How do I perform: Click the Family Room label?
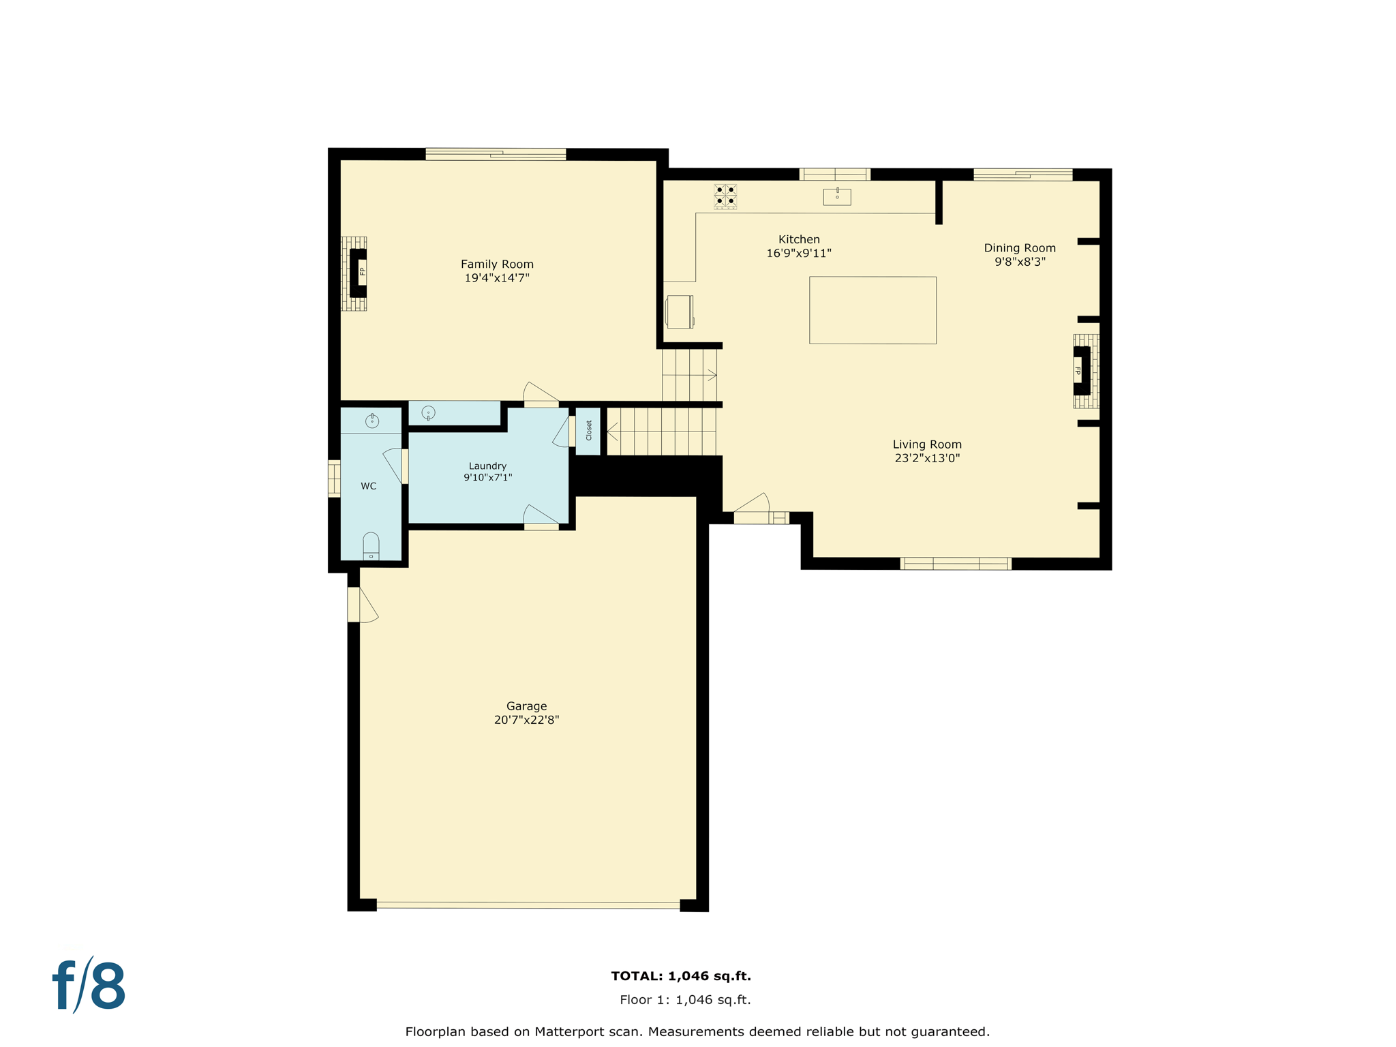pos(497,264)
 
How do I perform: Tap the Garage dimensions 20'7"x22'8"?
pos(526,720)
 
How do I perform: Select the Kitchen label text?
pos(799,239)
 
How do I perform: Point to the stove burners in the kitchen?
pos(725,196)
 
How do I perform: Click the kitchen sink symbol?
pos(837,197)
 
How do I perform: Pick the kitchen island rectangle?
pos(872,310)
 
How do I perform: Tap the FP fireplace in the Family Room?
pos(359,273)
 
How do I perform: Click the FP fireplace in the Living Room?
pos(1082,371)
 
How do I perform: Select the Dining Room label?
pos(1020,248)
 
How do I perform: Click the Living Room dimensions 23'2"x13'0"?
pos(927,458)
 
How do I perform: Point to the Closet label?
pos(589,430)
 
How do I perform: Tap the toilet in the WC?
pos(371,546)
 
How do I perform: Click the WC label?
pos(369,486)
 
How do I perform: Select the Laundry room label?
pos(487,466)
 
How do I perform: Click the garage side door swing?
pos(367,605)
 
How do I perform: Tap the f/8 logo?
pos(89,986)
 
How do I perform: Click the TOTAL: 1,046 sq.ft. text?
pos(681,976)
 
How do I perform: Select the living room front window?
pos(956,563)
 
